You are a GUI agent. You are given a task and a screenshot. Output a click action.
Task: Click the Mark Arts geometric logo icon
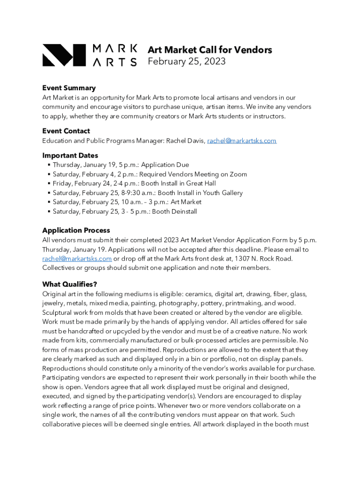click(x=64, y=55)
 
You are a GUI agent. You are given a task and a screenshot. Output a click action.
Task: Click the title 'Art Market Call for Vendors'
click(x=209, y=50)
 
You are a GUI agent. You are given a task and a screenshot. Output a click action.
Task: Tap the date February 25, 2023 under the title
click(x=187, y=61)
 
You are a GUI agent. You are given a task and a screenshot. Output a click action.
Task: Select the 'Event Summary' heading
click(x=69, y=88)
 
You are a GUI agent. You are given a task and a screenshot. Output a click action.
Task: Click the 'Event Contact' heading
click(x=66, y=131)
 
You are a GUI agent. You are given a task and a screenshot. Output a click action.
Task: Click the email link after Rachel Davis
click(x=242, y=140)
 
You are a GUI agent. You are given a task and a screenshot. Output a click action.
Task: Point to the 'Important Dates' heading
click(x=70, y=155)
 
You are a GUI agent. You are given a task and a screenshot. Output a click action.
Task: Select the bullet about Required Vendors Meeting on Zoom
click(x=150, y=174)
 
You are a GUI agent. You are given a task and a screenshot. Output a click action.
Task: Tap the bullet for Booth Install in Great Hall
click(x=134, y=183)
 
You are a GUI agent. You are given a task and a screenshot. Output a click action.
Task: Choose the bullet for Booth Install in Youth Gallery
click(x=148, y=193)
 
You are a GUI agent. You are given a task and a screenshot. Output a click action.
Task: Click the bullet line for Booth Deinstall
click(x=125, y=211)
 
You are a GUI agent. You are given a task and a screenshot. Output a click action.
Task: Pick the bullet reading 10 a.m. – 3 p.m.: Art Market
click(x=127, y=202)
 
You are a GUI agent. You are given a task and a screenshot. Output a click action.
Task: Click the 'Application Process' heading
click(x=76, y=230)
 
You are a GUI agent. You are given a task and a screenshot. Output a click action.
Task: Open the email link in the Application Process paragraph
click(x=77, y=258)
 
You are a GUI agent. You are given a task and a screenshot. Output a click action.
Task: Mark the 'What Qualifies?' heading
click(x=69, y=284)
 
